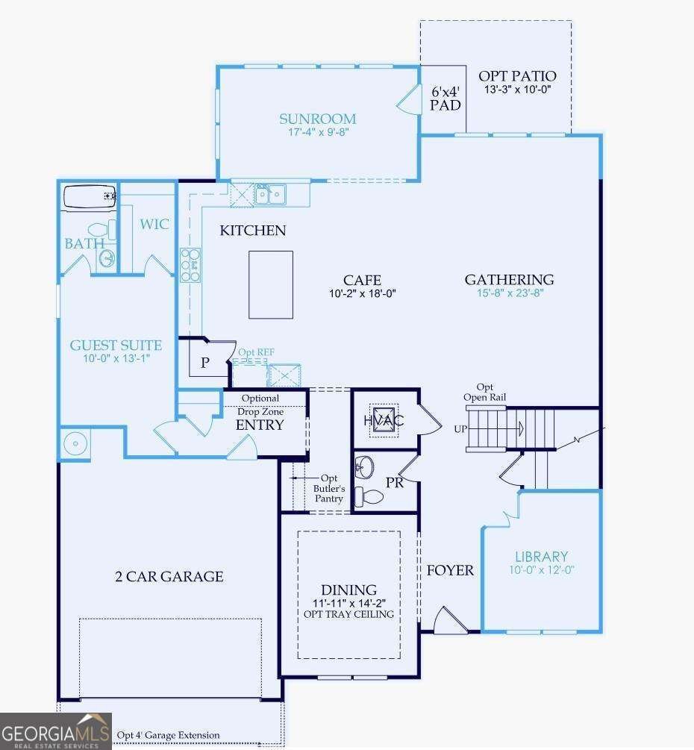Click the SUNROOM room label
point(317,118)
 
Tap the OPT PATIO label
point(517,75)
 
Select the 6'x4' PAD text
point(446,98)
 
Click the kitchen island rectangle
point(270,284)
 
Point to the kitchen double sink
point(269,194)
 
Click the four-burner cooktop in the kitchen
point(190,264)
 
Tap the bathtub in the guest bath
point(90,197)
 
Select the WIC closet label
point(154,224)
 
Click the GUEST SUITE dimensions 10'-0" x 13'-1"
point(116,359)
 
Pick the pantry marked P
point(204,363)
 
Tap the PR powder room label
point(394,482)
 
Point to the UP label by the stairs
point(460,430)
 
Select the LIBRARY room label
point(541,556)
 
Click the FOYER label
point(450,570)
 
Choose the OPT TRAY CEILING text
point(348,614)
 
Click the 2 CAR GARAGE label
point(169,576)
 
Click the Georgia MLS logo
point(56,730)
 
